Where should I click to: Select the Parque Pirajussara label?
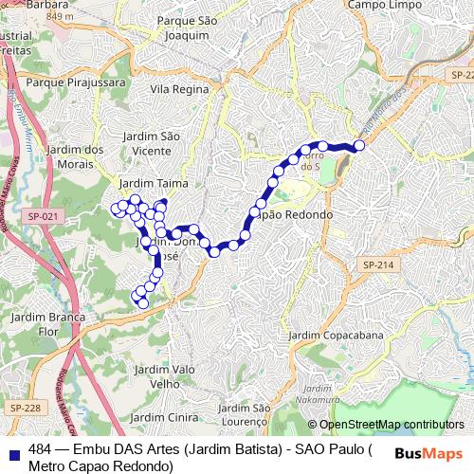(x=71, y=82)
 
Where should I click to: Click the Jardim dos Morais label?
(x=75, y=156)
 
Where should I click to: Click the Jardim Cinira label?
(x=160, y=417)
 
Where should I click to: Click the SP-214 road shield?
(x=376, y=264)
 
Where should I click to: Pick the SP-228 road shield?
(x=26, y=407)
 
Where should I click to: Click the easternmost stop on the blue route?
(x=359, y=145)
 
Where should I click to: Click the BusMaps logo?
(x=428, y=453)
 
